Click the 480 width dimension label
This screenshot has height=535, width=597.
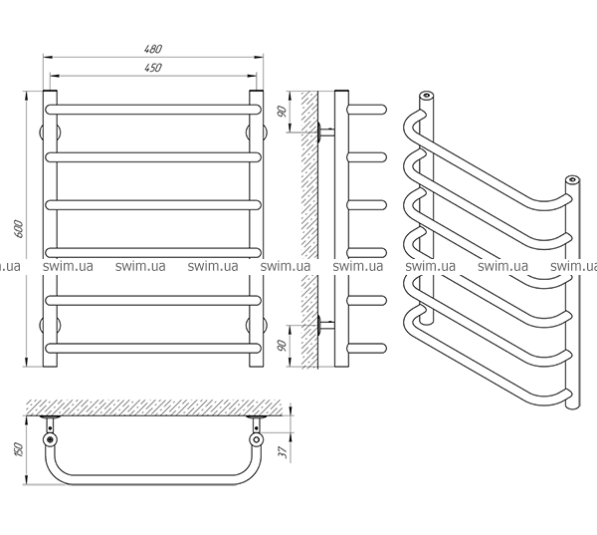pos(151,49)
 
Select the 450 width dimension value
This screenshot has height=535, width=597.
pos(151,67)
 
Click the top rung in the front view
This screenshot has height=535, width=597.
pos(154,107)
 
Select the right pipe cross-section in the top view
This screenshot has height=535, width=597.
pos(257,438)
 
